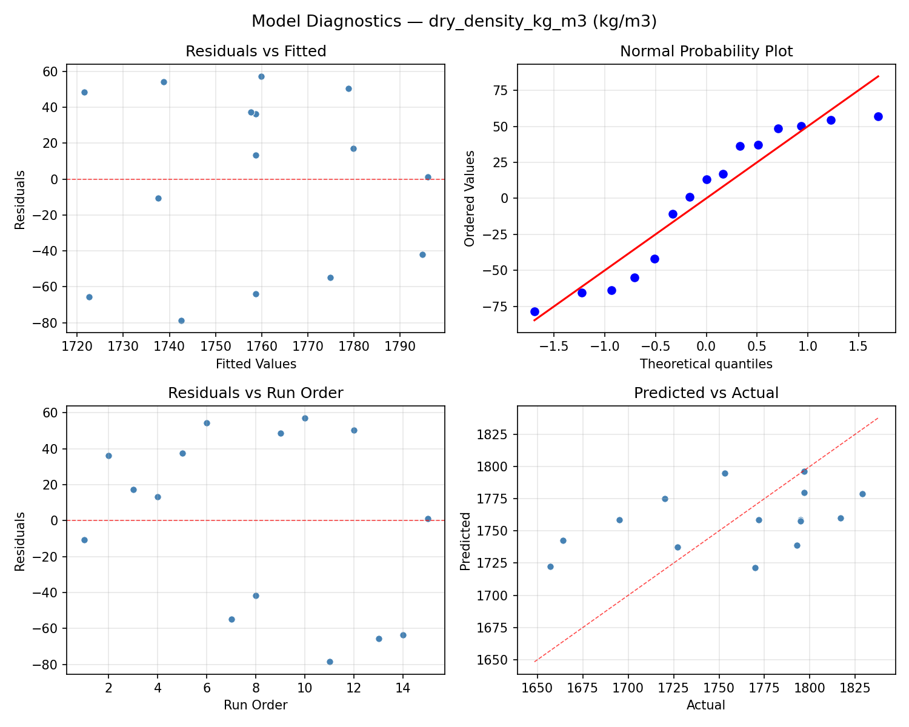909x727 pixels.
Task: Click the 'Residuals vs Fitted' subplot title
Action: pos(256,51)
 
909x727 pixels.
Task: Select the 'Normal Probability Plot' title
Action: pos(706,51)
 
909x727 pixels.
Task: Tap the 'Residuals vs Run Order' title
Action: pos(256,393)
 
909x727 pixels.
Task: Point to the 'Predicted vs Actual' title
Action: pos(706,393)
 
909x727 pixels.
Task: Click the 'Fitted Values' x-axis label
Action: pos(256,364)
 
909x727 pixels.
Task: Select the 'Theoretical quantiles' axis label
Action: pos(706,364)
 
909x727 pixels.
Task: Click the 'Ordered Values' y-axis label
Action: pos(469,198)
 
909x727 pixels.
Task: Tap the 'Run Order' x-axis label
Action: pos(256,705)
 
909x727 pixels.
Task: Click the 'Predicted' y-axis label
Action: pos(465,540)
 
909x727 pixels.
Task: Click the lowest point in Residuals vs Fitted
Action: pos(181,320)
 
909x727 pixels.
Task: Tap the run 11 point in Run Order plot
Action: pos(330,662)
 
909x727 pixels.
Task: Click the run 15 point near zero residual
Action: pos(428,519)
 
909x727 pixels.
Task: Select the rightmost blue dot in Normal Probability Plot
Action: pos(878,116)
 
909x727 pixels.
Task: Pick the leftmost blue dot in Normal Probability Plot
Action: pos(534,311)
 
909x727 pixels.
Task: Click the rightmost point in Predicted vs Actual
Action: pos(862,494)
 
